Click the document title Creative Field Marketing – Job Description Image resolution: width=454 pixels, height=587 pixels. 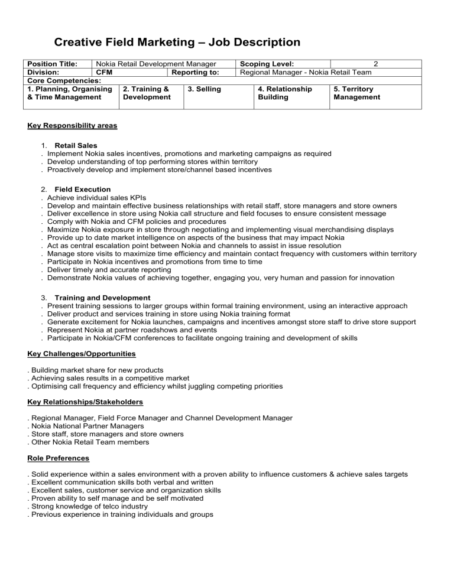click(168, 43)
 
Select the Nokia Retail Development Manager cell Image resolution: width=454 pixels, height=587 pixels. click(155, 64)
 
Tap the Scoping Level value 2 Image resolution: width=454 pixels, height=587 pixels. click(375, 64)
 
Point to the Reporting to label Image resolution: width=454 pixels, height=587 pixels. click(195, 73)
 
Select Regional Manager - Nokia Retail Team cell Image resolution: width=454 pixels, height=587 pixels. click(306, 73)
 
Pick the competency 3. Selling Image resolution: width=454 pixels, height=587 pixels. click(203, 89)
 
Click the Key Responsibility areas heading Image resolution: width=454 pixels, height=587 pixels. click(72, 126)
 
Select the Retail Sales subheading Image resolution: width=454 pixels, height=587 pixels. click(76, 145)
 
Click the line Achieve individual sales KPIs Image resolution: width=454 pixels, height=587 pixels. click(96, 197)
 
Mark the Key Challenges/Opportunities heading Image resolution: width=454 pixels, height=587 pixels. click(82, 354)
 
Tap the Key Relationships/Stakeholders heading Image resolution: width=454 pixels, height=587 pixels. click(86, 402)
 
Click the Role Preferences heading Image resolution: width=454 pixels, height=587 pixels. click(58, 458)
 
